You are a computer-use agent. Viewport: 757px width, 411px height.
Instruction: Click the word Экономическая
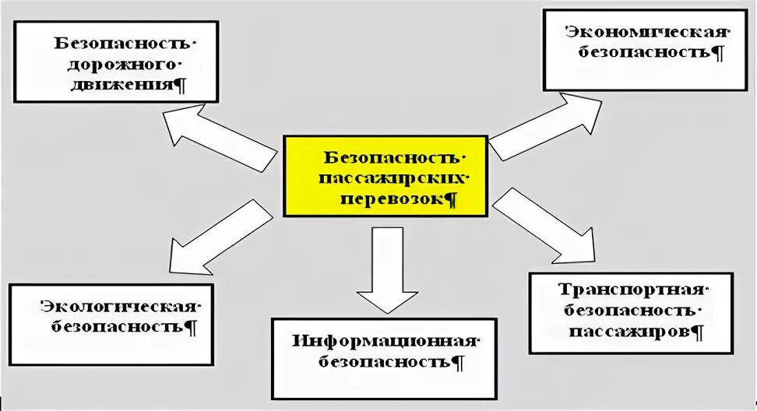(x=646, y=33)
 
